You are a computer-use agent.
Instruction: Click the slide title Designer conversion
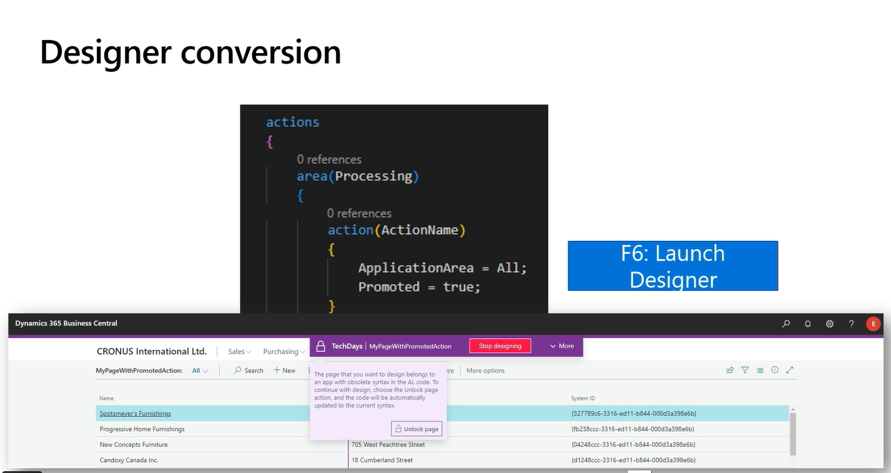[190, 52]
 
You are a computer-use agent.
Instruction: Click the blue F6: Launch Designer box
[672, 266]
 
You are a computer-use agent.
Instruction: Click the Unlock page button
[417, 429]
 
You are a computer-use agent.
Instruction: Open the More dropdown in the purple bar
[562, 346]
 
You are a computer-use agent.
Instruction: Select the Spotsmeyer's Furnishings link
[135, 414]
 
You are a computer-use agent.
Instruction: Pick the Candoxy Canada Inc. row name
[129, 461]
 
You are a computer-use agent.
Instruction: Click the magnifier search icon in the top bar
[786, 324]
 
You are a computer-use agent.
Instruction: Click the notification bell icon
[808, 324]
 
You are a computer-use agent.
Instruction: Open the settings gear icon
[830, 324]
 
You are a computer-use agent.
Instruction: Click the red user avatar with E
[873, 324]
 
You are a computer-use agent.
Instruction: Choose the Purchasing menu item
[281, 351]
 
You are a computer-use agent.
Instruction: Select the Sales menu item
[237, 351]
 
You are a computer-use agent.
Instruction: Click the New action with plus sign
[284, 371]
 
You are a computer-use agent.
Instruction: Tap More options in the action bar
[485, 371]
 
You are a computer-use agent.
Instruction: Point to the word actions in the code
[292, 122]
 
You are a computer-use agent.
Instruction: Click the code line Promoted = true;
[419, 287]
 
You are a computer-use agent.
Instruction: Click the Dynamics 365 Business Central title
[66, 323]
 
